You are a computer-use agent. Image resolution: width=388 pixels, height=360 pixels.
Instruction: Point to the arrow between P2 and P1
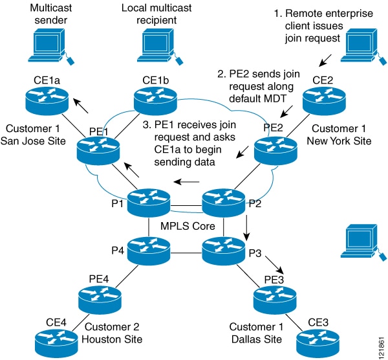click(x=188, y=183)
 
